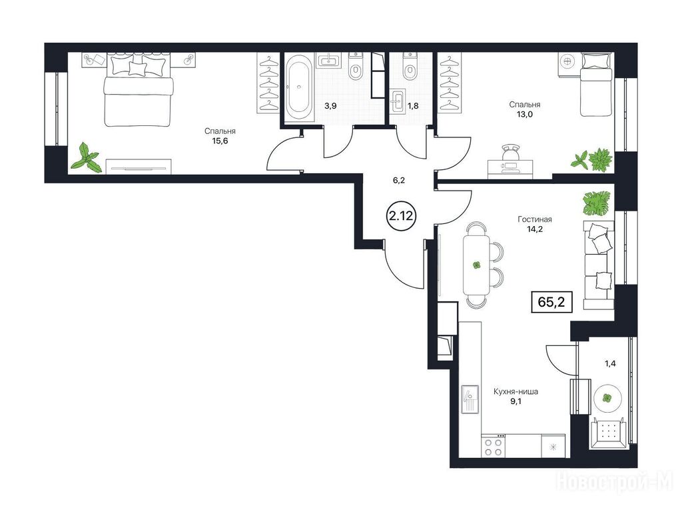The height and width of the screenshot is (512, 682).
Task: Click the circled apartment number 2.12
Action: pos(400,215)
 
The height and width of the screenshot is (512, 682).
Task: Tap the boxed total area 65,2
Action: pos(551,302)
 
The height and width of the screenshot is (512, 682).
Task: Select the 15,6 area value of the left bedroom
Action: pos(220,141)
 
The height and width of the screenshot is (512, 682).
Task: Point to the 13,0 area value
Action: pos(525,115)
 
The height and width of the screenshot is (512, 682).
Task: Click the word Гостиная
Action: pos(535,219)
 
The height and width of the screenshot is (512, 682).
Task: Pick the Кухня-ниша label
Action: pos(515,391)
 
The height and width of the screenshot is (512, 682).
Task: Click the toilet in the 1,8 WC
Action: pos(410,67)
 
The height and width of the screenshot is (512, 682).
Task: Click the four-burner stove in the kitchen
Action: pos(494,446)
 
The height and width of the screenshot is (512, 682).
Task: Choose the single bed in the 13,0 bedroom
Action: pos(597,85)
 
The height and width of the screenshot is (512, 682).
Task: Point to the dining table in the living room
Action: pos(477,265)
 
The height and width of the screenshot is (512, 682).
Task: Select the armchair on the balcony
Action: pos(608,432)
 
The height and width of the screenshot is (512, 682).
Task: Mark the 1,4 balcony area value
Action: pos(610,363)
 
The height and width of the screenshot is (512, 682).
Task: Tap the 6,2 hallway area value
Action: pos(399,180)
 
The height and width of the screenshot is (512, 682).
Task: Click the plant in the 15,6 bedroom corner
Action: pos(87,157)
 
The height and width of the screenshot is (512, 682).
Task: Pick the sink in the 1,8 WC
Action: pos(398,101)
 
